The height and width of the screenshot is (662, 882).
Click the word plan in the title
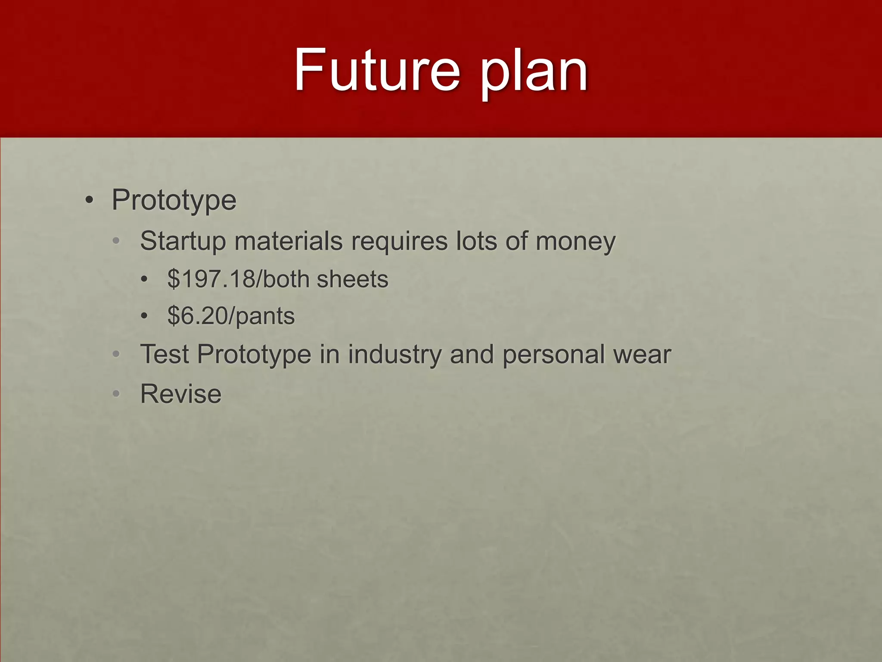(x=534, y=73)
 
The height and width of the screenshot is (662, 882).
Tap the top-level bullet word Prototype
(x=174, y=201)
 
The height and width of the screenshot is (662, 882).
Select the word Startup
(x=183, y=241)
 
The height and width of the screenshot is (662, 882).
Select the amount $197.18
(x=211, y=279)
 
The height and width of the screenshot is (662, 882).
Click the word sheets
(x=352, y=279)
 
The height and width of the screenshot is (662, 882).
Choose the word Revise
(x=181, y=394)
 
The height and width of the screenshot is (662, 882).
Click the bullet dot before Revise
(x=116, y=394)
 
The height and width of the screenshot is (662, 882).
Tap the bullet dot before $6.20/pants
(x=144, y=316)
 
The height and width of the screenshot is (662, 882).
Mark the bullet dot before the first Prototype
(x=89, y=200)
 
